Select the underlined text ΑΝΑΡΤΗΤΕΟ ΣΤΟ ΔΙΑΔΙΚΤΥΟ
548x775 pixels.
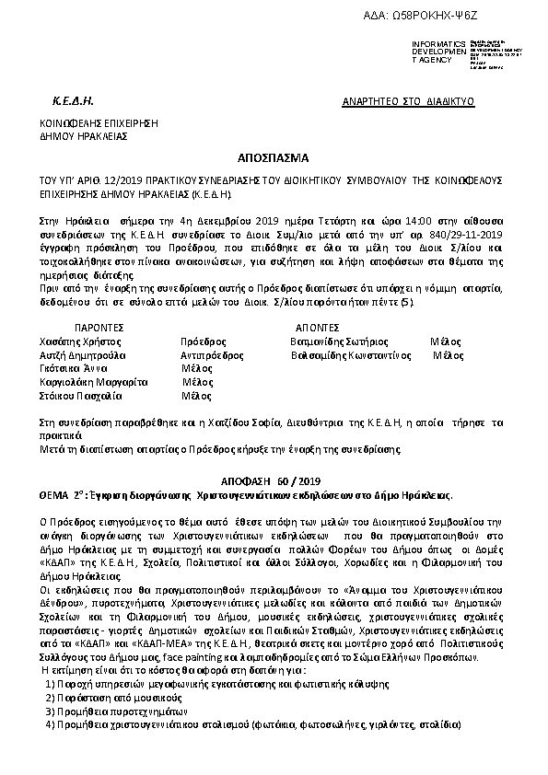[x=407, y=98]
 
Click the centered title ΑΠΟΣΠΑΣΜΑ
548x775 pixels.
[x=273, y=157]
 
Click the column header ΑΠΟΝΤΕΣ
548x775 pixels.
[x=321, y=326]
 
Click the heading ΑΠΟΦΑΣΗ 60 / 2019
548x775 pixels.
[x=273, y=480]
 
